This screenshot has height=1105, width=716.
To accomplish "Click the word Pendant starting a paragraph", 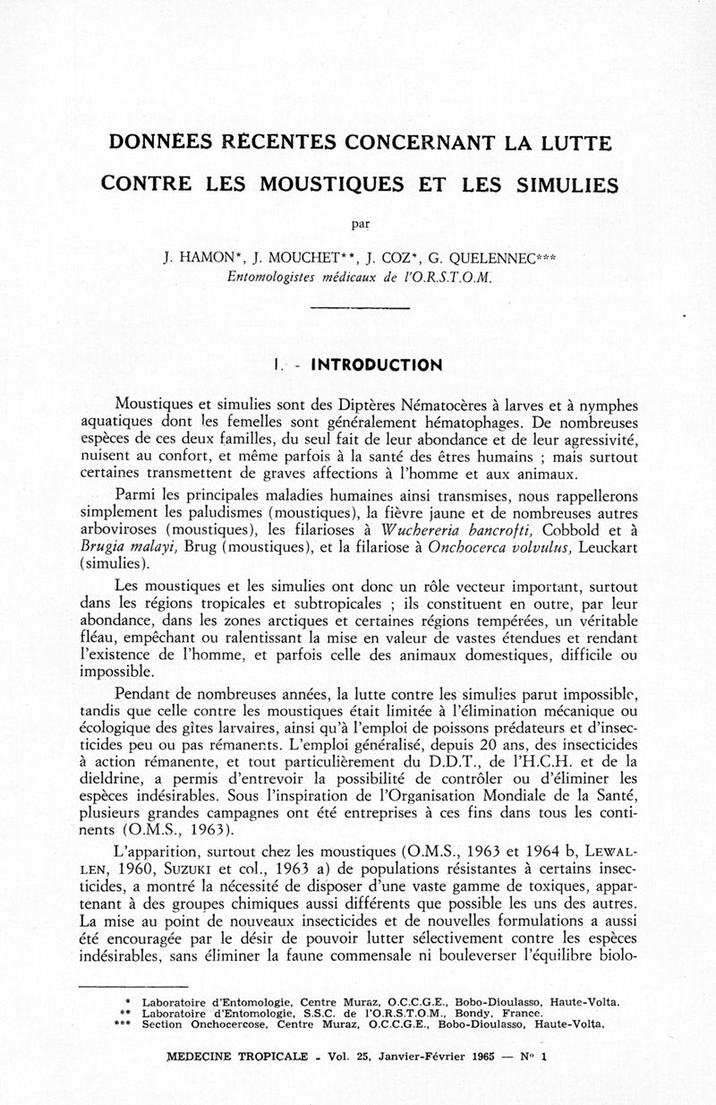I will [x=145, y=693].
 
